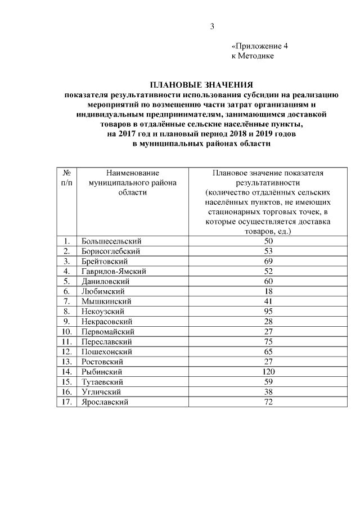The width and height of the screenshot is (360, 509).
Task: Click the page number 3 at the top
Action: point(212,26)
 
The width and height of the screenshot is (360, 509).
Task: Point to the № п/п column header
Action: point(66,178)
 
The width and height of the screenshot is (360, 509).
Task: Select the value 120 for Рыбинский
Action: point(268,372)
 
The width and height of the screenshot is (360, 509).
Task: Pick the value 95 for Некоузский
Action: point(268,311)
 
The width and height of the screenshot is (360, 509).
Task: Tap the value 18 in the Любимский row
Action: point(268,291)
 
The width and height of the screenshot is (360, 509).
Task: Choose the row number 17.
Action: point(66,402)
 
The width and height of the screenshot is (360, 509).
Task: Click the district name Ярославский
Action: point(105,402)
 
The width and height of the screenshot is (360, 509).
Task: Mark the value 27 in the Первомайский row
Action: point(268,331)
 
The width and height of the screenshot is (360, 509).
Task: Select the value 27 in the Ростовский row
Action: point(268,362)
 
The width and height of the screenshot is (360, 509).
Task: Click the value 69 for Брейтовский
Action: point(268,261)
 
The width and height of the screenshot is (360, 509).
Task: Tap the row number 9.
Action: point(66,321)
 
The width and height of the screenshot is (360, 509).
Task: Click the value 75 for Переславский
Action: point(268,341)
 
